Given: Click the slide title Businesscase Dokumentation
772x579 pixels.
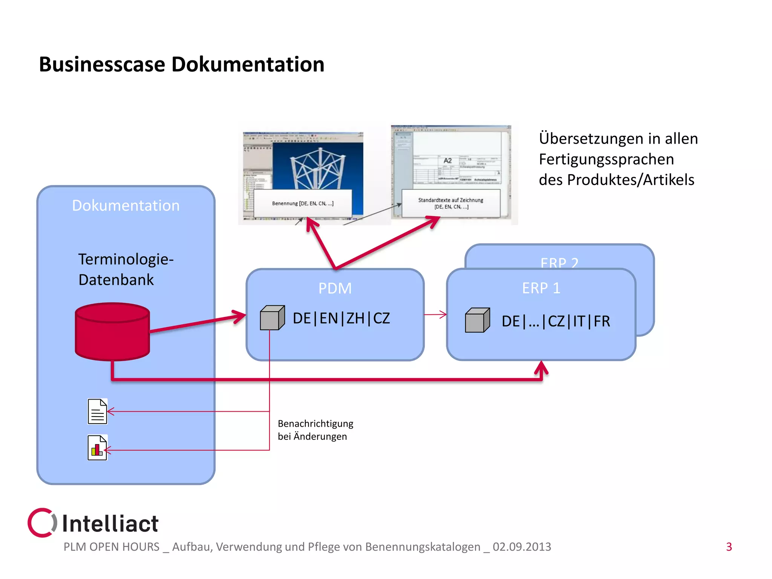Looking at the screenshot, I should coord(181,64).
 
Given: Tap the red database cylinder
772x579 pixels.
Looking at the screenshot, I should coord(112,332).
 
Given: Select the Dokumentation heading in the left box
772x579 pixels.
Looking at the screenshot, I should coord(126,205).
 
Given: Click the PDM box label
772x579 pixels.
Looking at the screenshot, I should coord(335,288).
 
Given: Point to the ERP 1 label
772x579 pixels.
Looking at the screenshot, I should coord(541,288).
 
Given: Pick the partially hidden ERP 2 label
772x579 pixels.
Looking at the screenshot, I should coord(559,262).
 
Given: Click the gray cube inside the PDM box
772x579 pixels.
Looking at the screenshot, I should coord(272,318).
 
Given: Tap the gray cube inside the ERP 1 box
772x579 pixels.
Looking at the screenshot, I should coord(477,320).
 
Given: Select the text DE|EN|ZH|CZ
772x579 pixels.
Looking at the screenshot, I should coord(341,319).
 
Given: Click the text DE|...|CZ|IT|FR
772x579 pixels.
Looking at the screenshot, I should coord(556,322).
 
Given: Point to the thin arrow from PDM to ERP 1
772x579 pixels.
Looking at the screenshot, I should coord(435,314).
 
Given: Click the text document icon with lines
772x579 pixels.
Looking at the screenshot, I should coord(97,411).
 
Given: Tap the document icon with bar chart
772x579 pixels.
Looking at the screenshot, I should coord(97,448).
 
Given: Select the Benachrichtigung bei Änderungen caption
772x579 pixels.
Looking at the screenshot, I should coord(315,430).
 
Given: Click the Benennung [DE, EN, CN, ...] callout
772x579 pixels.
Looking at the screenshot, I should coord(303,204).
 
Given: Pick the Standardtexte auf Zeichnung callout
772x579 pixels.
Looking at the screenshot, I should coord(451,204).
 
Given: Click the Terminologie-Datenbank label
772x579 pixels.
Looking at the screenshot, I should coord(126,270).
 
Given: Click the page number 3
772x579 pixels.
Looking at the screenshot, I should coord(729,547).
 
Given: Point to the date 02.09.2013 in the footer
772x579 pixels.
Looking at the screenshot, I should coord(522,547).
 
